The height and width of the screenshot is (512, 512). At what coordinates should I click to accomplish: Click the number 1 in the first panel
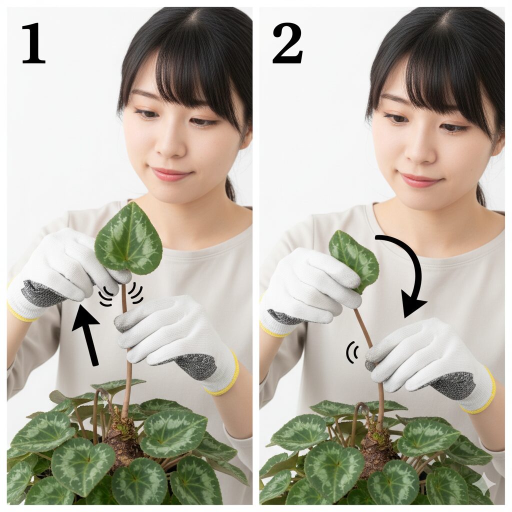point(33,43)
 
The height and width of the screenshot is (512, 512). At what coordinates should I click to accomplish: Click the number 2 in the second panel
point(287,43)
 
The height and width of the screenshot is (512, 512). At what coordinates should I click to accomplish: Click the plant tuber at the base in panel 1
point(122,440)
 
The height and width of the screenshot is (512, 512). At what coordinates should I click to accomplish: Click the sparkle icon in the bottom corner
point(484,484)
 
